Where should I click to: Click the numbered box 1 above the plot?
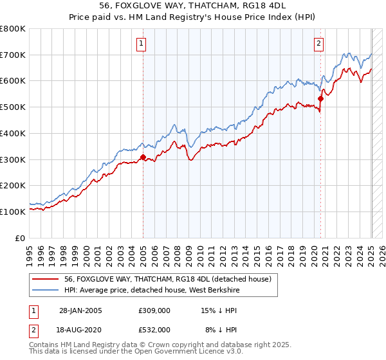pyautogui.click(x=141, y=44)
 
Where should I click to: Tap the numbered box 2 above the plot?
pyautogui.click(x=318, y=44)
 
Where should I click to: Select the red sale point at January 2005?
pyautogui.click(x=143, y=156)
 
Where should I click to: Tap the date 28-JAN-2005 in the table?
pyautogui.click(x=80, y=310)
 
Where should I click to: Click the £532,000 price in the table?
pyautogui.click(x=154, y=329)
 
